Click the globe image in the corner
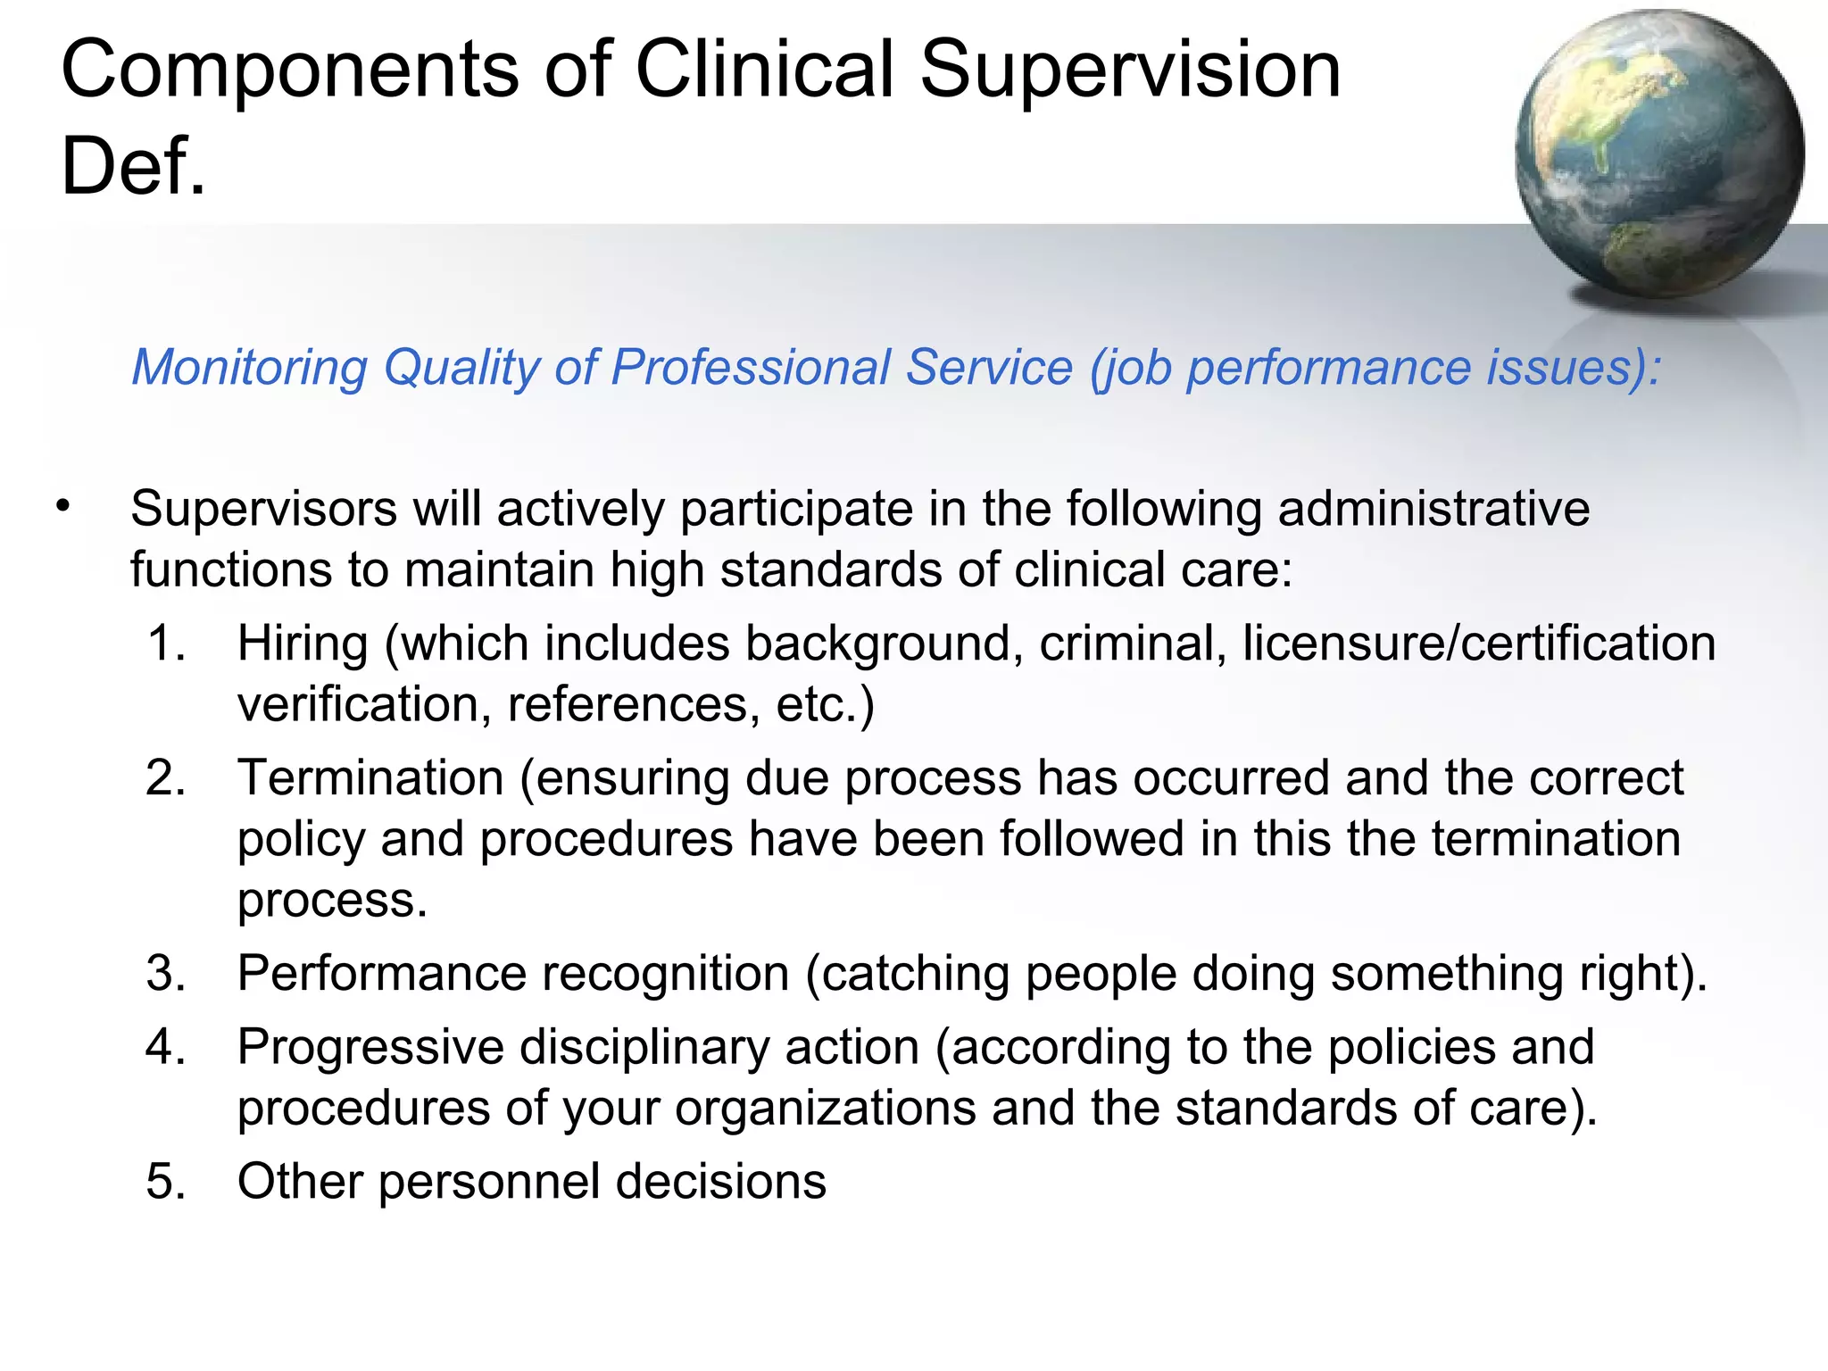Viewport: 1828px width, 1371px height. tap(1659, 154)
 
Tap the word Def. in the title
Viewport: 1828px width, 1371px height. tap(134, 166)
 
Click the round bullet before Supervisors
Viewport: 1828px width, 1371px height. tap(62, 506)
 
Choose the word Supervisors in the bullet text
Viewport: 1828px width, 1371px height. tap(263, 510)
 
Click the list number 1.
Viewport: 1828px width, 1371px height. tap(165, 644)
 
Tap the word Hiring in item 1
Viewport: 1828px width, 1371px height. tap(303, 645)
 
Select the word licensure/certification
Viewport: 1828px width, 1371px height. tap(1479, 644)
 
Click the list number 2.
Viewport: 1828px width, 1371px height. tap(166, 778)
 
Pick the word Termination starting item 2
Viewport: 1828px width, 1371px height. tap(370, 778)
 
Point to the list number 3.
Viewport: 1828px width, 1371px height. tap(166, 973)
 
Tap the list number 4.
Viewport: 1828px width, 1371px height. tap(166, 1047)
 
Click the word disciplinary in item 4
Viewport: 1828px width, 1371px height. tap(644, 1048)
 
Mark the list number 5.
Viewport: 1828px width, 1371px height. tap(166, 1182)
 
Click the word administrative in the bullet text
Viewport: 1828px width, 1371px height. tap(1433, 510)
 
